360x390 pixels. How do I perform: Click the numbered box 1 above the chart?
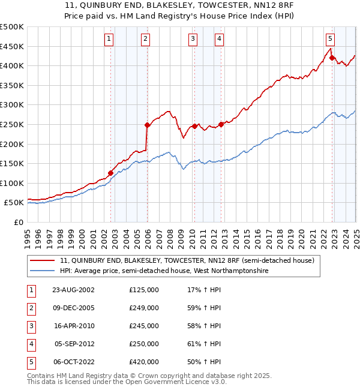point(109,40)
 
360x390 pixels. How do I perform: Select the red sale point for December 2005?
point(147,125)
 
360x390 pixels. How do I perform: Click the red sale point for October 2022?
point(332,58)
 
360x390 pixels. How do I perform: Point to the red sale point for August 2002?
point(110,173)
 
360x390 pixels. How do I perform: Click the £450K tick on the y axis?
point(12,46)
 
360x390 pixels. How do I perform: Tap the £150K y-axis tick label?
point(12,163)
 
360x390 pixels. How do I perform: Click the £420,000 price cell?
point(144,362)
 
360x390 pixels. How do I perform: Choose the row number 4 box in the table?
point(31,344)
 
